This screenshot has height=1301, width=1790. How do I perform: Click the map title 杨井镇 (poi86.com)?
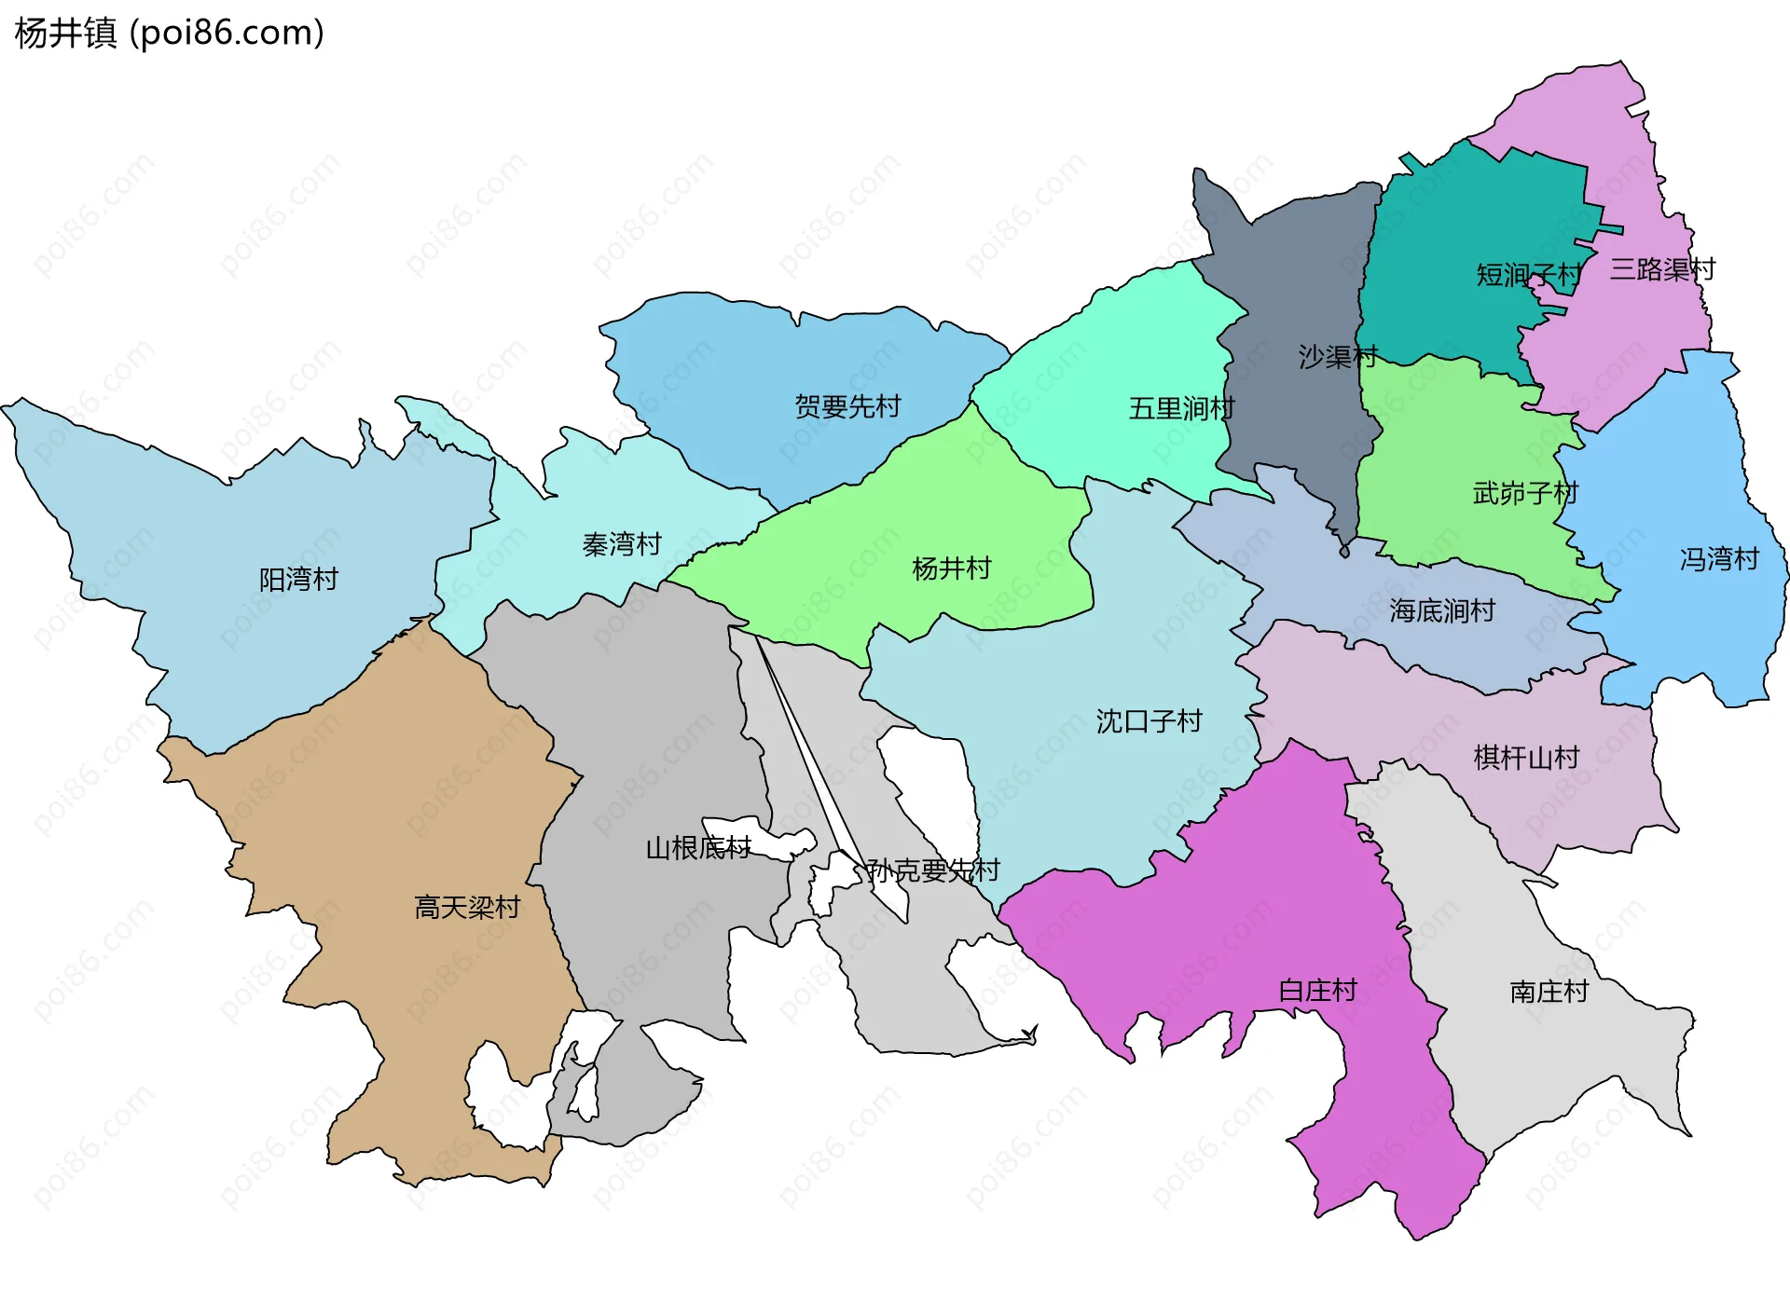pyautogui.click(x=169, y=33)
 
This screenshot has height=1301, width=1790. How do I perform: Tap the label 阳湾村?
pyautogui.click(x=298, y=580)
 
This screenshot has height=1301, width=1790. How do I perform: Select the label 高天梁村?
pyautogui.click(x=466, y=907)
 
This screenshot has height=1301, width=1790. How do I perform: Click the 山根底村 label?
pyautogui.click(x=698, y=848)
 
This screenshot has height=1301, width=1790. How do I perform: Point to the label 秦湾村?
pyautogui.click(x=622, y=544)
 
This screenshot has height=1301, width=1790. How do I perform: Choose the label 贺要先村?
pyautogui.click(x=847, y=406)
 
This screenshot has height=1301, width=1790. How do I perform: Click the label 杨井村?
pyautogui.click(x=951, y=568)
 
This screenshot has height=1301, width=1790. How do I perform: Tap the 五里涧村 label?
pyautogui.click(x=1181, y=408)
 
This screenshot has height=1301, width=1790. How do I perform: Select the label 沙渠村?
pyautogui.click(x=1338, y=357)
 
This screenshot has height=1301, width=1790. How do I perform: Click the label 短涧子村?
pyautogui.click(x=1529, y=275)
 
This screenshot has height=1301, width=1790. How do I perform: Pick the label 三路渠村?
pyautogui.click(x=1662, y=269)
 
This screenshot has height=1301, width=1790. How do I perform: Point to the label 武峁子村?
pyautogui.click(x=1525, y=493)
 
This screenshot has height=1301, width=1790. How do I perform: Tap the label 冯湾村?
pyautogui.click(x=1719, y=559)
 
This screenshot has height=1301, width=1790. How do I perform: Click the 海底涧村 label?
pyautogui.click(x=1442, y=610)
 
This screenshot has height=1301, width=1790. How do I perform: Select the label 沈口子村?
pyautogui.click(x=1149, y=721)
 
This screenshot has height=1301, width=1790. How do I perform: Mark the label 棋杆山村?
pyautogui.click(x=1526, y=758)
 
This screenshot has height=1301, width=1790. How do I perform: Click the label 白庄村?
pyautogui.click(x=1317, y=990)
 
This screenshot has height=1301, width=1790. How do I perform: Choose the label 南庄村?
pyautogui.click(x=1549, y=991)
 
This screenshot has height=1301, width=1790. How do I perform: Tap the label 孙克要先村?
pyautogui.click(x=933, y=870)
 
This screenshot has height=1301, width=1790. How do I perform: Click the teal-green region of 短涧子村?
pyautogui.click(x=1454, y=224)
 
